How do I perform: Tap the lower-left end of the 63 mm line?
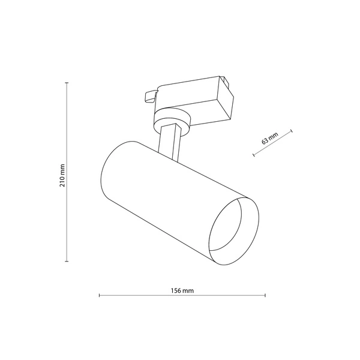pos(254,157)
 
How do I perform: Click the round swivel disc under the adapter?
pos(173,116)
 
